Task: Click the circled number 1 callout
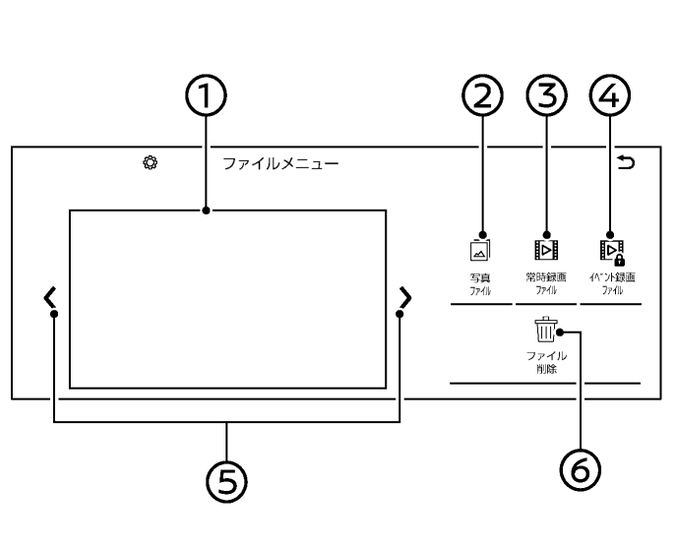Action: [206, 95]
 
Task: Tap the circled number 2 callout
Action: [482, 95]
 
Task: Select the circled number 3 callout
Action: [547, 95]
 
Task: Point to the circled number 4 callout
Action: [610, 95]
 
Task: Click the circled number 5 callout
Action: [227, 481]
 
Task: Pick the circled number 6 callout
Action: [581, 470]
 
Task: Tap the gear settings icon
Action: [150, 163]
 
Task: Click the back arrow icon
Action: [626, 162]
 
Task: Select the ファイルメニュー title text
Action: [280, 163]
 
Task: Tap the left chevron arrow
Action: [49, 297]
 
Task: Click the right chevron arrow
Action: [405, 297]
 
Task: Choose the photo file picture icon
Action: [480, 250]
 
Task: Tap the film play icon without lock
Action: [546, 250]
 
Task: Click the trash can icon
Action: [546, 330]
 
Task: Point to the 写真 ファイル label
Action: [480, 284]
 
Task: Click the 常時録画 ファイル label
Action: [546, 283]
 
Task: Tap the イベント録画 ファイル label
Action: [612, 283]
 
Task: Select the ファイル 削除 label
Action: [546, 362]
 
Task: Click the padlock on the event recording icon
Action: [620, 260]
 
